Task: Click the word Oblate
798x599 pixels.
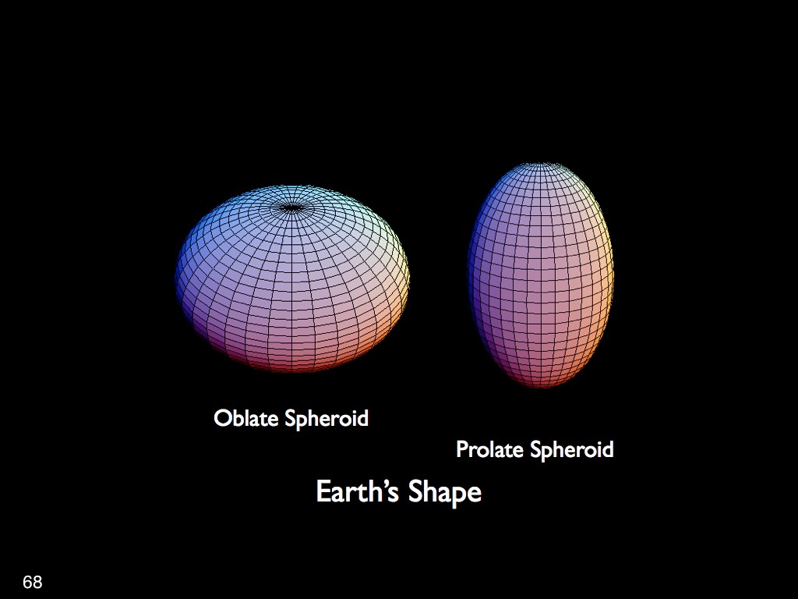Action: click(245, 418)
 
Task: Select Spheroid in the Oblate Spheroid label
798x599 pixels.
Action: click(327, 419)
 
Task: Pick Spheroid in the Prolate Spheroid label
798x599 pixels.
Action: click(571, 450)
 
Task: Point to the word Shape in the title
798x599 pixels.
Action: click(445, 493)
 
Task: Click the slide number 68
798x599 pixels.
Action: click(33, 582)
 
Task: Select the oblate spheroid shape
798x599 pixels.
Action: click(292, 278)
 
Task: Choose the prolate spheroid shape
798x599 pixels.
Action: click(541, 275)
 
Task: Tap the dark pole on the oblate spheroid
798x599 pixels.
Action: click(291, 207)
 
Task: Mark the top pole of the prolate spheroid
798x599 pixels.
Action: click(540, 165)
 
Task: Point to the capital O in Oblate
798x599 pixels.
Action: click(222, 419)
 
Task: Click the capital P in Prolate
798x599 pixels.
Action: click(462, 449)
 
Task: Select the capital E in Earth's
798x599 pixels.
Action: click(323, 491)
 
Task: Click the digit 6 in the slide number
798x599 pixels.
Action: click(27, 582)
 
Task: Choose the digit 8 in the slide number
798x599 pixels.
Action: click(37, 582)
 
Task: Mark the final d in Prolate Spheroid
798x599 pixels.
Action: click(608, 449)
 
